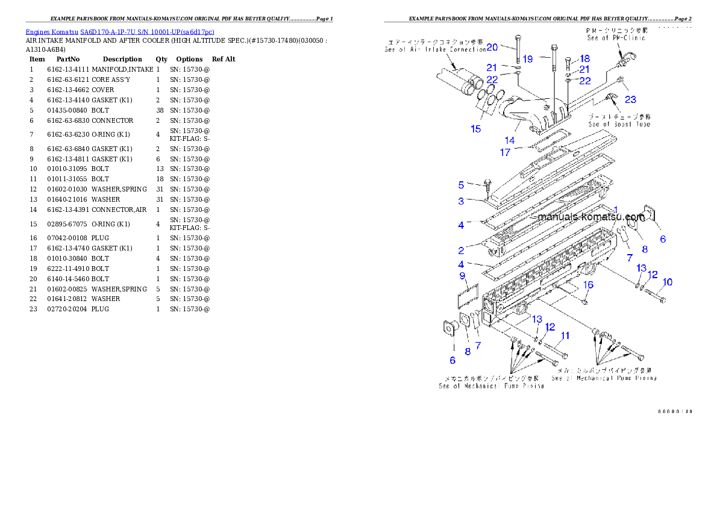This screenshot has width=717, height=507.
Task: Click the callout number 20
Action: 492,47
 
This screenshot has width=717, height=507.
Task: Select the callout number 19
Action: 527,59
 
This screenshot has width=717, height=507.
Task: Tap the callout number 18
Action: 584,59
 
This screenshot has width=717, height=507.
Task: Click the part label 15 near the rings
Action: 476,129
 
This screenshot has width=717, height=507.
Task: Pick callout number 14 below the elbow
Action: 510,140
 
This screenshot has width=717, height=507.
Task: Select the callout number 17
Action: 505,152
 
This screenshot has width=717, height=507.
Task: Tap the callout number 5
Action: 461,185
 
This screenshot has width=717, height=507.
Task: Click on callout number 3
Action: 461,201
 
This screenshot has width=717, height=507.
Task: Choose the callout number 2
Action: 461,250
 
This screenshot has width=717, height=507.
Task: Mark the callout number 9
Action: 462,276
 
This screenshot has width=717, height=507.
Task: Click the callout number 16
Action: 588,285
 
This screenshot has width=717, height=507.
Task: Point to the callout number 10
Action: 668,282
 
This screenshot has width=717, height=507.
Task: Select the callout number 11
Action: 565,335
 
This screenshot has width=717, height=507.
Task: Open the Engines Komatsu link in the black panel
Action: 119,31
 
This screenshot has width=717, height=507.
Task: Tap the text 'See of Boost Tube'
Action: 619,124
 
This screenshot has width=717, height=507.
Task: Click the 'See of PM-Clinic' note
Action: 616,38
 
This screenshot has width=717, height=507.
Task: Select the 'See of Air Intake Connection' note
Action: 435,49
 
